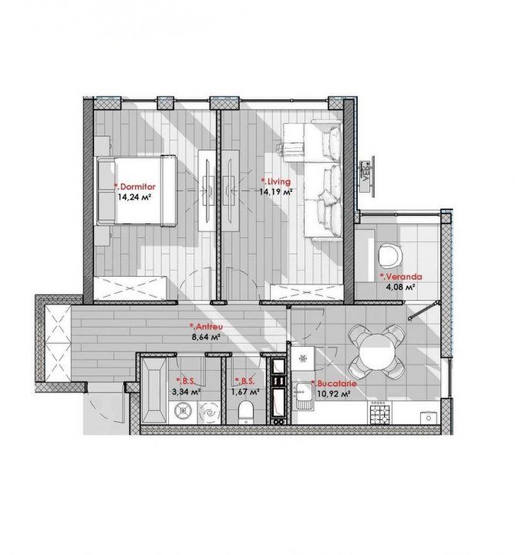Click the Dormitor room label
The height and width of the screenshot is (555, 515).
(x=134, y=187)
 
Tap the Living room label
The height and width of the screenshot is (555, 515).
(x=276, y=182)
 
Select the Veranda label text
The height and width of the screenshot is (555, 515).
(x=401, y=277)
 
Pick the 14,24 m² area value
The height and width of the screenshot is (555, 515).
(x=134, y=197)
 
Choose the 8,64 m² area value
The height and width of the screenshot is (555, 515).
(x=206, y=337)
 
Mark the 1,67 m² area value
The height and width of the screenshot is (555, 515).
(x=245, y=392)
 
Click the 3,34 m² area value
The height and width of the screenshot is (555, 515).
(x=187, y=392)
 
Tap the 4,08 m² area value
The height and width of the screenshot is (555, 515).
(x=400, y=287)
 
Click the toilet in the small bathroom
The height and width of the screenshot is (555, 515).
(x=246, y=412)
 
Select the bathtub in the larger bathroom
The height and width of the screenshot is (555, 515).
(x=153, y=390)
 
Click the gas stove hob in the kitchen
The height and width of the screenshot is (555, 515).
(x=380, y=413)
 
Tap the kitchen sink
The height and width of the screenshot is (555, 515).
(x=305, y=397)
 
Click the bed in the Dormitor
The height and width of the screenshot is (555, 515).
(x=136, y=190)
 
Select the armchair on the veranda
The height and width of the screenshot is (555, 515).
(x=390, y=254)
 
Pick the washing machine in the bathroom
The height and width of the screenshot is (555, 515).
(x=183, y=412)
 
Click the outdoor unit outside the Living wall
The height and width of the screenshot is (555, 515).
(x=367, y=176)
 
